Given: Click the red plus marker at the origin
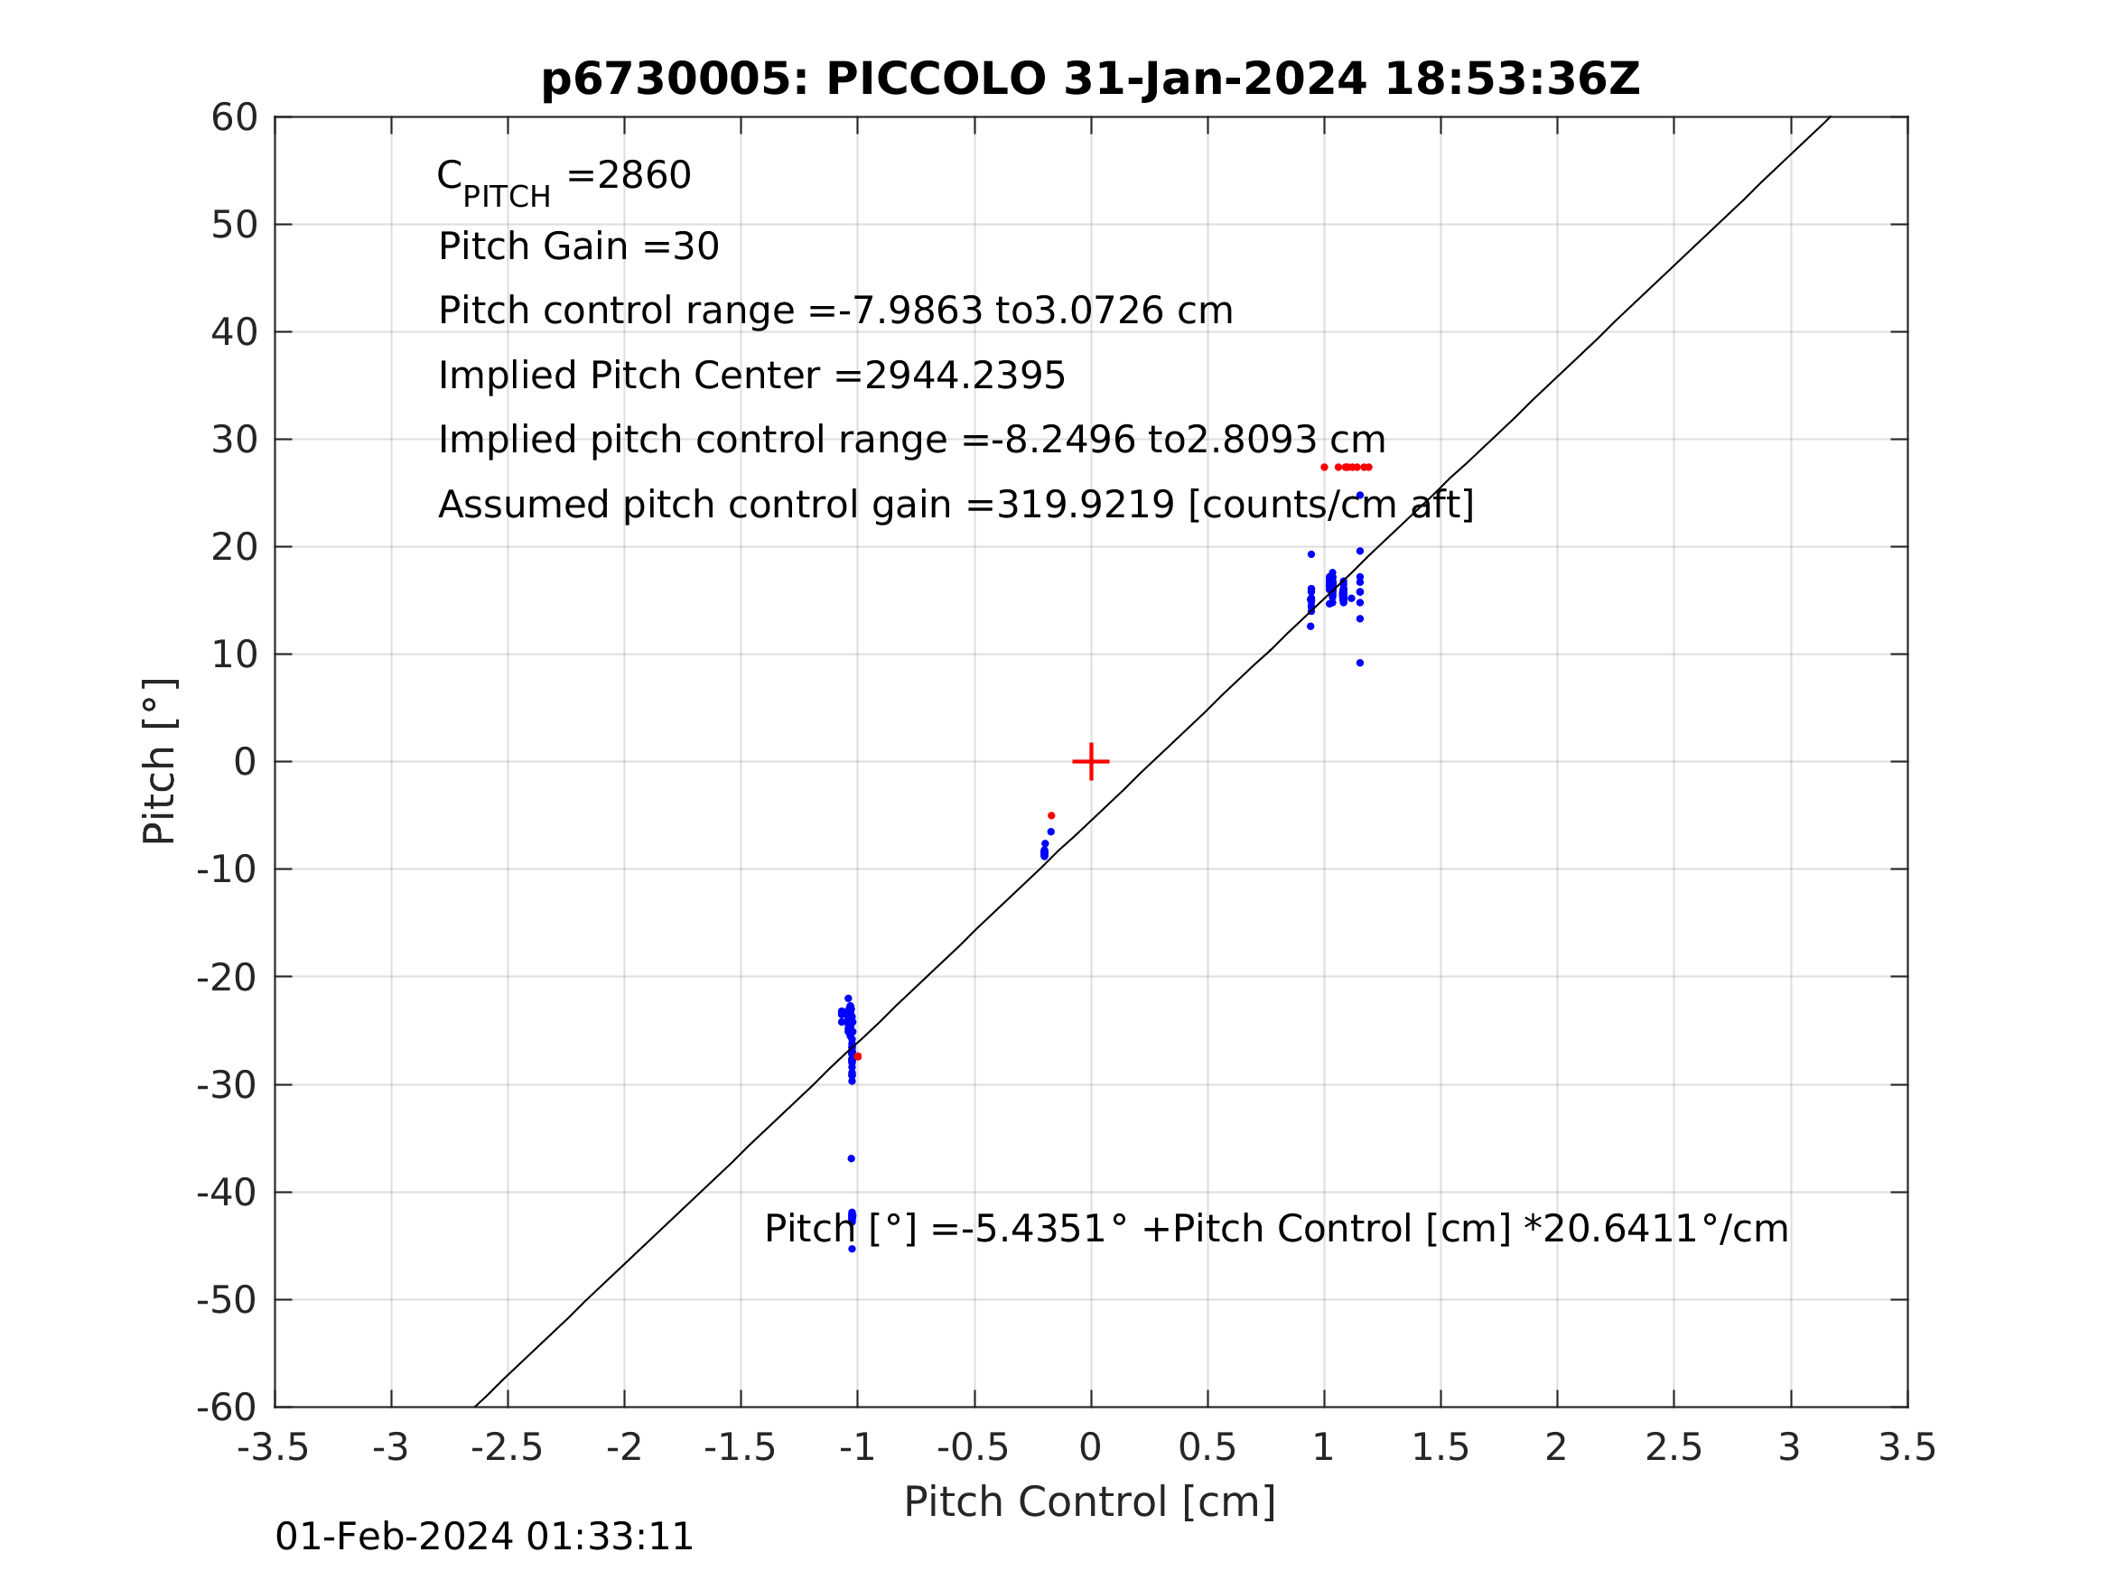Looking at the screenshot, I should coord(1091,762).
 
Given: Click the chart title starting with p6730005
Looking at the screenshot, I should coord(1090,79).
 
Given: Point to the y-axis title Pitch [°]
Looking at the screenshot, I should coord(159,762).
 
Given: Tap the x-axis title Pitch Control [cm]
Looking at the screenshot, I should coord(1090,1502).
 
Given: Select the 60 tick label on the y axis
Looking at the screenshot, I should coord(234,118).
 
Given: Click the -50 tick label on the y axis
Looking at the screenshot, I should coord(227,1300).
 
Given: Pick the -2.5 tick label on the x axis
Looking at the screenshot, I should coord(507,1447).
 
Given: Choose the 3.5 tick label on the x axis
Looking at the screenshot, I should coord(1907,1447).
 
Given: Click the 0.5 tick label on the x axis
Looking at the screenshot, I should coord(1207,1447).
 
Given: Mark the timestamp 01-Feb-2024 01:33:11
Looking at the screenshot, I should coord(484,1538).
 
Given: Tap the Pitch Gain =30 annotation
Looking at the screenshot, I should coord(578,246).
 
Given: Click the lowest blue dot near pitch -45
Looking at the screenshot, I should coord(852,1249).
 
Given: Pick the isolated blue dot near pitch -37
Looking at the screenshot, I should coord(851,1158).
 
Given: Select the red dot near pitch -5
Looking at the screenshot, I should coord(1050,815).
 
